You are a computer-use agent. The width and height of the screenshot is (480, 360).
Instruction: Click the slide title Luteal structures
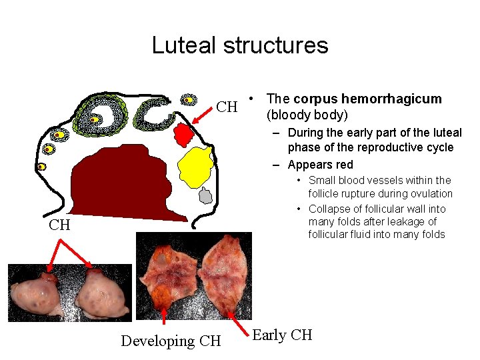(x=240, y=45)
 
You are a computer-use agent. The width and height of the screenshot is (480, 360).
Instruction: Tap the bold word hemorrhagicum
(x=397, y=99)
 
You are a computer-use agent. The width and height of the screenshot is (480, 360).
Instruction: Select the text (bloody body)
(x=307, y=115)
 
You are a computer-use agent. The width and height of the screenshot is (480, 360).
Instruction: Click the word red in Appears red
(x=344, y=165)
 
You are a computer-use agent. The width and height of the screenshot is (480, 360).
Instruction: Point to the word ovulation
(x=429, y=194)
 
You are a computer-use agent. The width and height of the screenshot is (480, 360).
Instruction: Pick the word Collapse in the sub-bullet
(x=329, y=209)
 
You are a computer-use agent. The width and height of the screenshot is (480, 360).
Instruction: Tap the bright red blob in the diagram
(x=184, y=136)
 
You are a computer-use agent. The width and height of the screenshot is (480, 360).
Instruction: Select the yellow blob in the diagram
(x=196, y=167)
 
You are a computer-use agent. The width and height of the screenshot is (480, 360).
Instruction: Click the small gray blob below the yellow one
(x=206, y=196)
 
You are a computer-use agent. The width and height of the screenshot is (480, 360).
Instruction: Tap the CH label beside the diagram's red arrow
(x=228, y=107)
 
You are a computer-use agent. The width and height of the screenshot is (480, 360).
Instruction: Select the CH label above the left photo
(x=59, y=225)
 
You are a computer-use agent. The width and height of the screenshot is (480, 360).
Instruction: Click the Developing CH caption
(x=171, y=341)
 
